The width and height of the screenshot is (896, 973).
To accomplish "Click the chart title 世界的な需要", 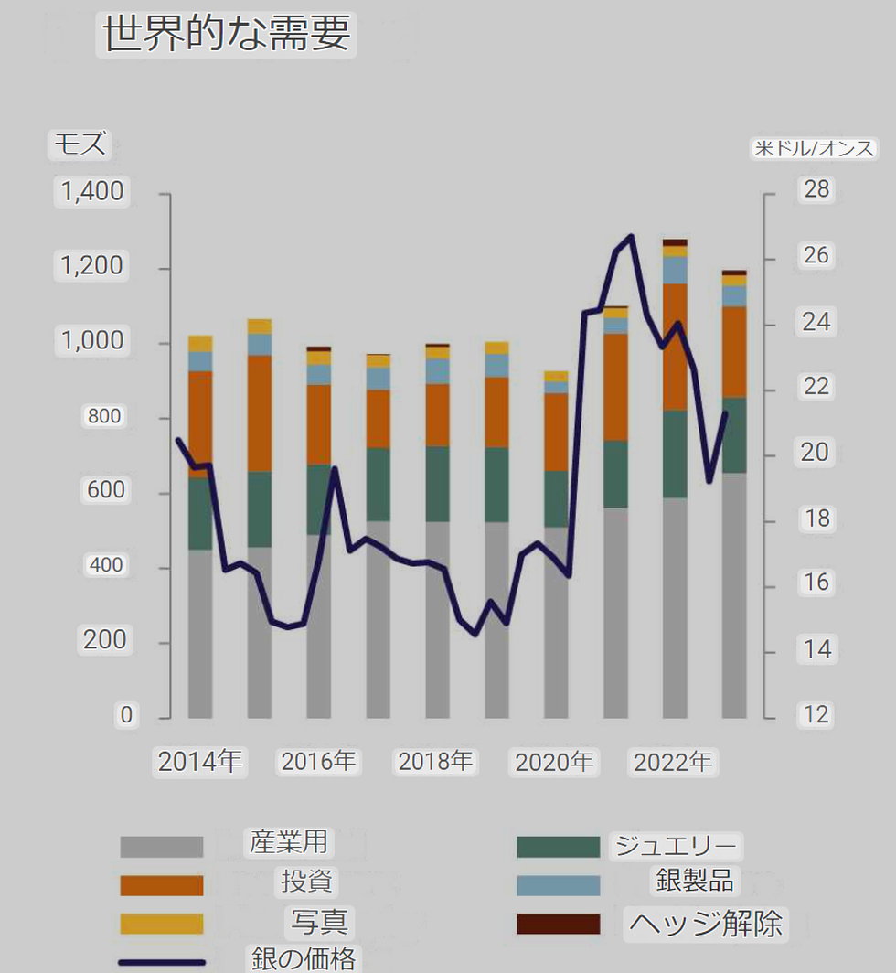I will click(226, 35).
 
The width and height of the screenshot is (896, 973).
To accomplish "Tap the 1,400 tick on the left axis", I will click(91, 192).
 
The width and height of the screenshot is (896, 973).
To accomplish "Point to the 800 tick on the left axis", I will click(103, 416).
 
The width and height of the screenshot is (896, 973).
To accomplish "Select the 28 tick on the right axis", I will click(816, 189).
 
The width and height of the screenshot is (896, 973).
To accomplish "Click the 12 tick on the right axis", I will click(816, 714).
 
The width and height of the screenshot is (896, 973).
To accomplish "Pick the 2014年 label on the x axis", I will click(200, 762).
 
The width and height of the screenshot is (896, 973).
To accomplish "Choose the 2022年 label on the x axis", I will click(672, 762).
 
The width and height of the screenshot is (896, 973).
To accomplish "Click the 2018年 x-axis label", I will click(435, 762).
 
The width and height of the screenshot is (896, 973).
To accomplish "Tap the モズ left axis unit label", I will click(80, 144).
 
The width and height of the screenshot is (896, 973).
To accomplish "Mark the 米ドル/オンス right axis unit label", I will click(814, 148).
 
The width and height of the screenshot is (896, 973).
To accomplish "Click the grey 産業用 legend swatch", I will click(161, 847).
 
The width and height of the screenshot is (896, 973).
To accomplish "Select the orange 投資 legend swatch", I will click(161, 885).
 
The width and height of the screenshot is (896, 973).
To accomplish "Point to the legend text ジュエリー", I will click(676, 845).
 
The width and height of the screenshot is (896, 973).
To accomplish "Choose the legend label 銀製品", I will click(695, 880).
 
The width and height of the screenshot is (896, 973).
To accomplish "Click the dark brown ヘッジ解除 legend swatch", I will click(558, 924).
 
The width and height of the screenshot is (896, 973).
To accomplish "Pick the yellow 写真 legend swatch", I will click(161, 924).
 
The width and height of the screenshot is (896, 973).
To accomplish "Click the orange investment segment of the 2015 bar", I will click(260, 413).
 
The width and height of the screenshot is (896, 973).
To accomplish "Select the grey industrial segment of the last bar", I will click(734, 594).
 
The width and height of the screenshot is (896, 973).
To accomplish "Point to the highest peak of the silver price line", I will click(631, 237).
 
